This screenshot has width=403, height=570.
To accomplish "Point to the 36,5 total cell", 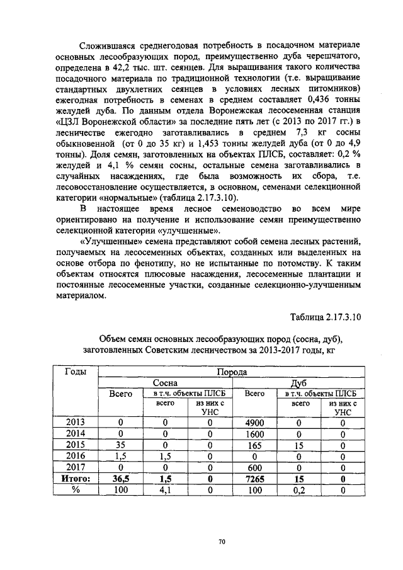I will coord(120,479).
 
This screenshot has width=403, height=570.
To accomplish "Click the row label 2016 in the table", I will coord(76,457).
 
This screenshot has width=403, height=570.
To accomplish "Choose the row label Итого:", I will coord(76,479).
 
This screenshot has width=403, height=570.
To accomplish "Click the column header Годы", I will coord(76,372).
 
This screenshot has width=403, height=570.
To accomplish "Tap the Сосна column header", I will coord(166,382).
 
